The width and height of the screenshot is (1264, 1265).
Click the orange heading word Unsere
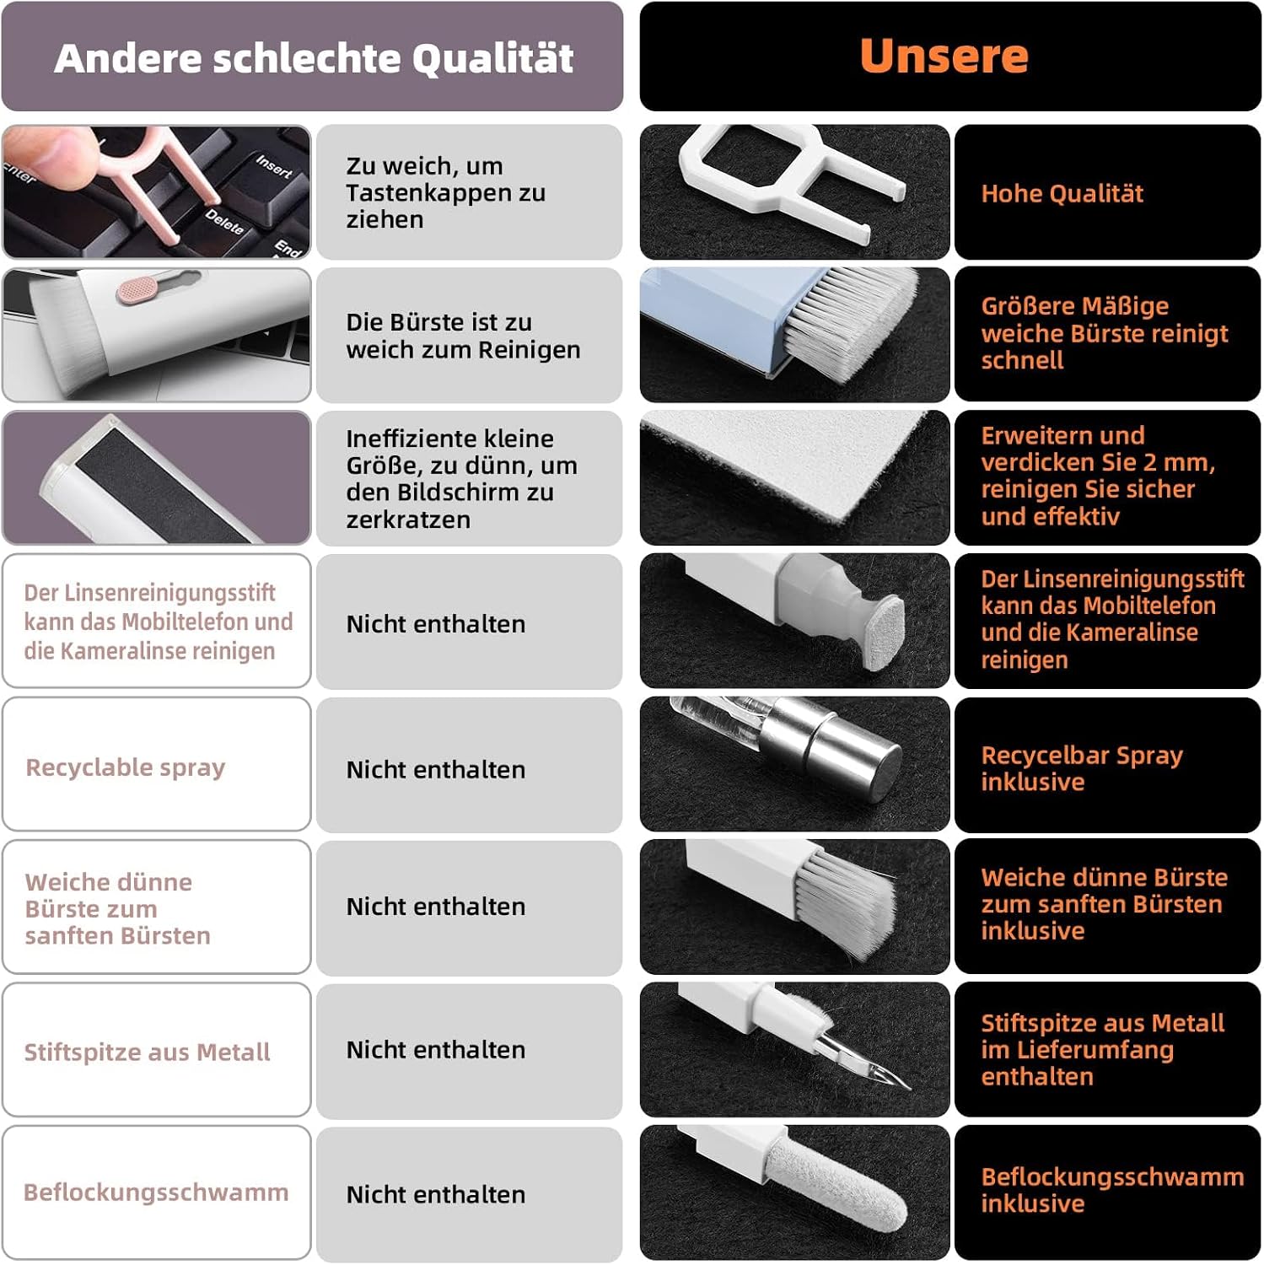944,56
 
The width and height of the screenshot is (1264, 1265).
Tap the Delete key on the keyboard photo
224,222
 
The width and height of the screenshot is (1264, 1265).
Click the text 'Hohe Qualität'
1062,194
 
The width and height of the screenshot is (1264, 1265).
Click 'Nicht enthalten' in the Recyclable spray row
436,770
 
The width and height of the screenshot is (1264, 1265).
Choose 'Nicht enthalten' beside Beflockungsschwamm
436,1195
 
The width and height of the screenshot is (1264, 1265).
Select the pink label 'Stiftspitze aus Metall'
148,1052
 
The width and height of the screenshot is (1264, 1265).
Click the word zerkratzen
408,519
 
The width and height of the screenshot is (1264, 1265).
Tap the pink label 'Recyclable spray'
126,768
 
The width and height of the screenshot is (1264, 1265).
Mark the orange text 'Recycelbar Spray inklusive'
1082,768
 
